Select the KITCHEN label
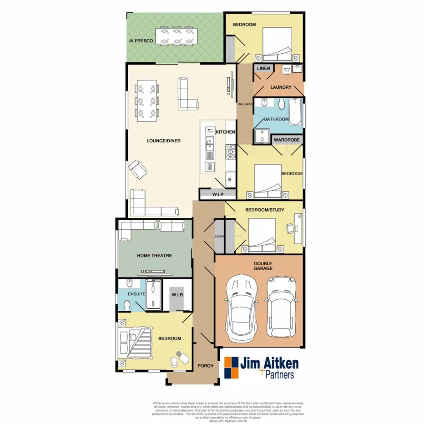225,132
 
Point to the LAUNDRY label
277,87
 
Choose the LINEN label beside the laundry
263,69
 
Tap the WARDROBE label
287,140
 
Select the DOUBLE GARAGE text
263,265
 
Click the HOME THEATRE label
155,256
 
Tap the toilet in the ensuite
128,305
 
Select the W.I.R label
177,295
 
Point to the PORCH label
205,366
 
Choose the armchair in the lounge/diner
138,170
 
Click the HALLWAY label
245,104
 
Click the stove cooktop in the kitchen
231,151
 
